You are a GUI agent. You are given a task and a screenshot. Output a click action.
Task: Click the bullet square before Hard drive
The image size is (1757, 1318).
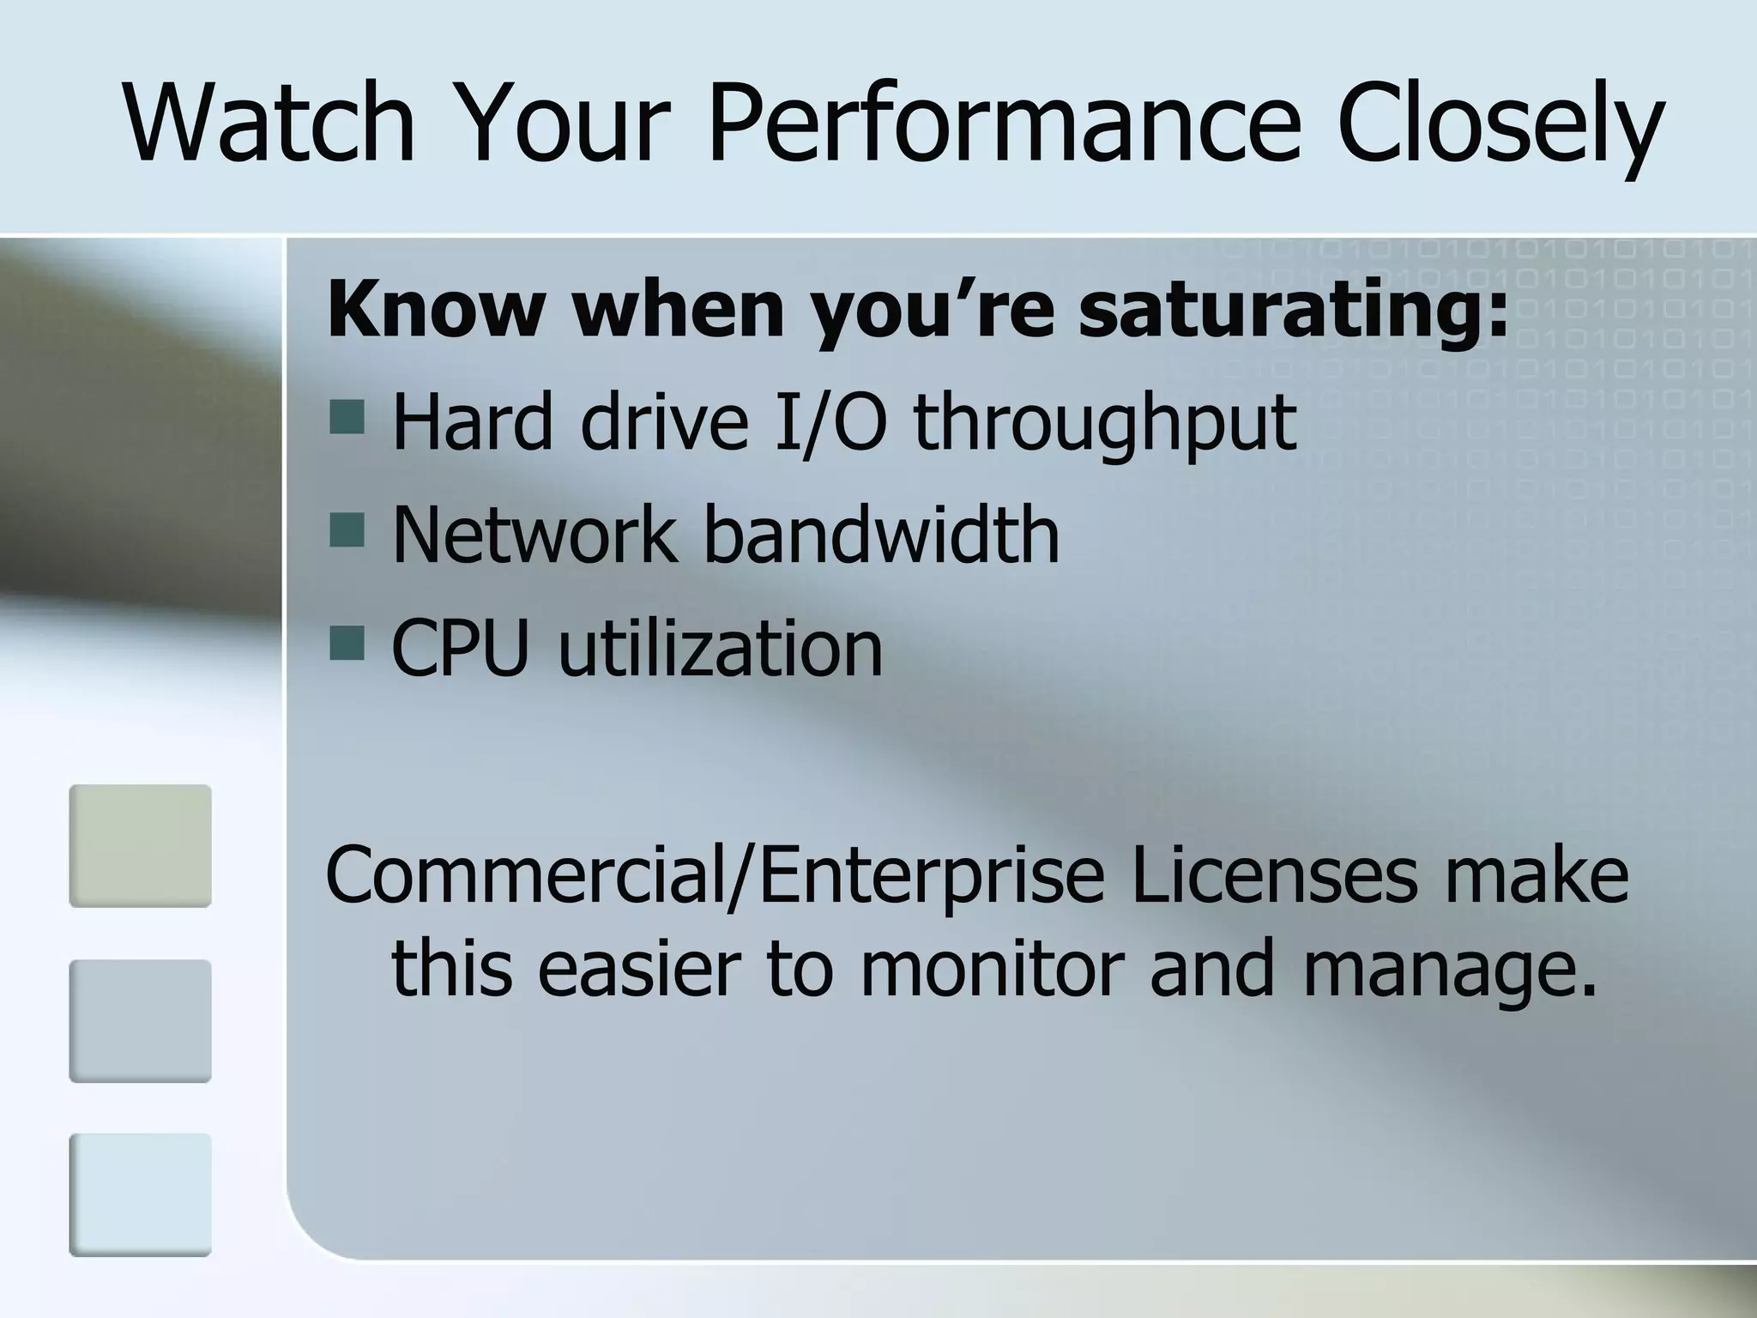coord(347,419)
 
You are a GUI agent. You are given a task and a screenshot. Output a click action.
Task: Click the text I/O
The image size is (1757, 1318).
coord(829,422)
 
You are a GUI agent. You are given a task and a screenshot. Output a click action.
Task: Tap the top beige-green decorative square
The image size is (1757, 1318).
coord(140,845)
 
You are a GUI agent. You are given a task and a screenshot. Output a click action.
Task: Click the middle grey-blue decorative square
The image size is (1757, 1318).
coord(140,1020)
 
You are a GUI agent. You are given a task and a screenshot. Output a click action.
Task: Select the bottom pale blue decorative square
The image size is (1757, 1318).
coord(140,1194)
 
